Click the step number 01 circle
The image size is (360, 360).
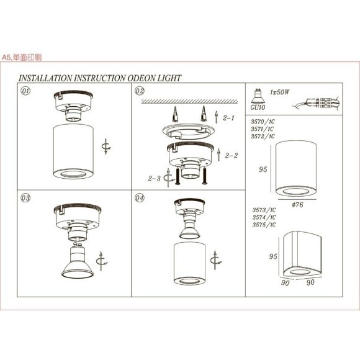click(26, 91)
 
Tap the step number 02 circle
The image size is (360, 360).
click(140, 91)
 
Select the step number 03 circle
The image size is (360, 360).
click(26, 199)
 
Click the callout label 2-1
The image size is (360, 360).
click(228, 117)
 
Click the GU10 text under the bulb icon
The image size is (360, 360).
click(257, 107)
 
